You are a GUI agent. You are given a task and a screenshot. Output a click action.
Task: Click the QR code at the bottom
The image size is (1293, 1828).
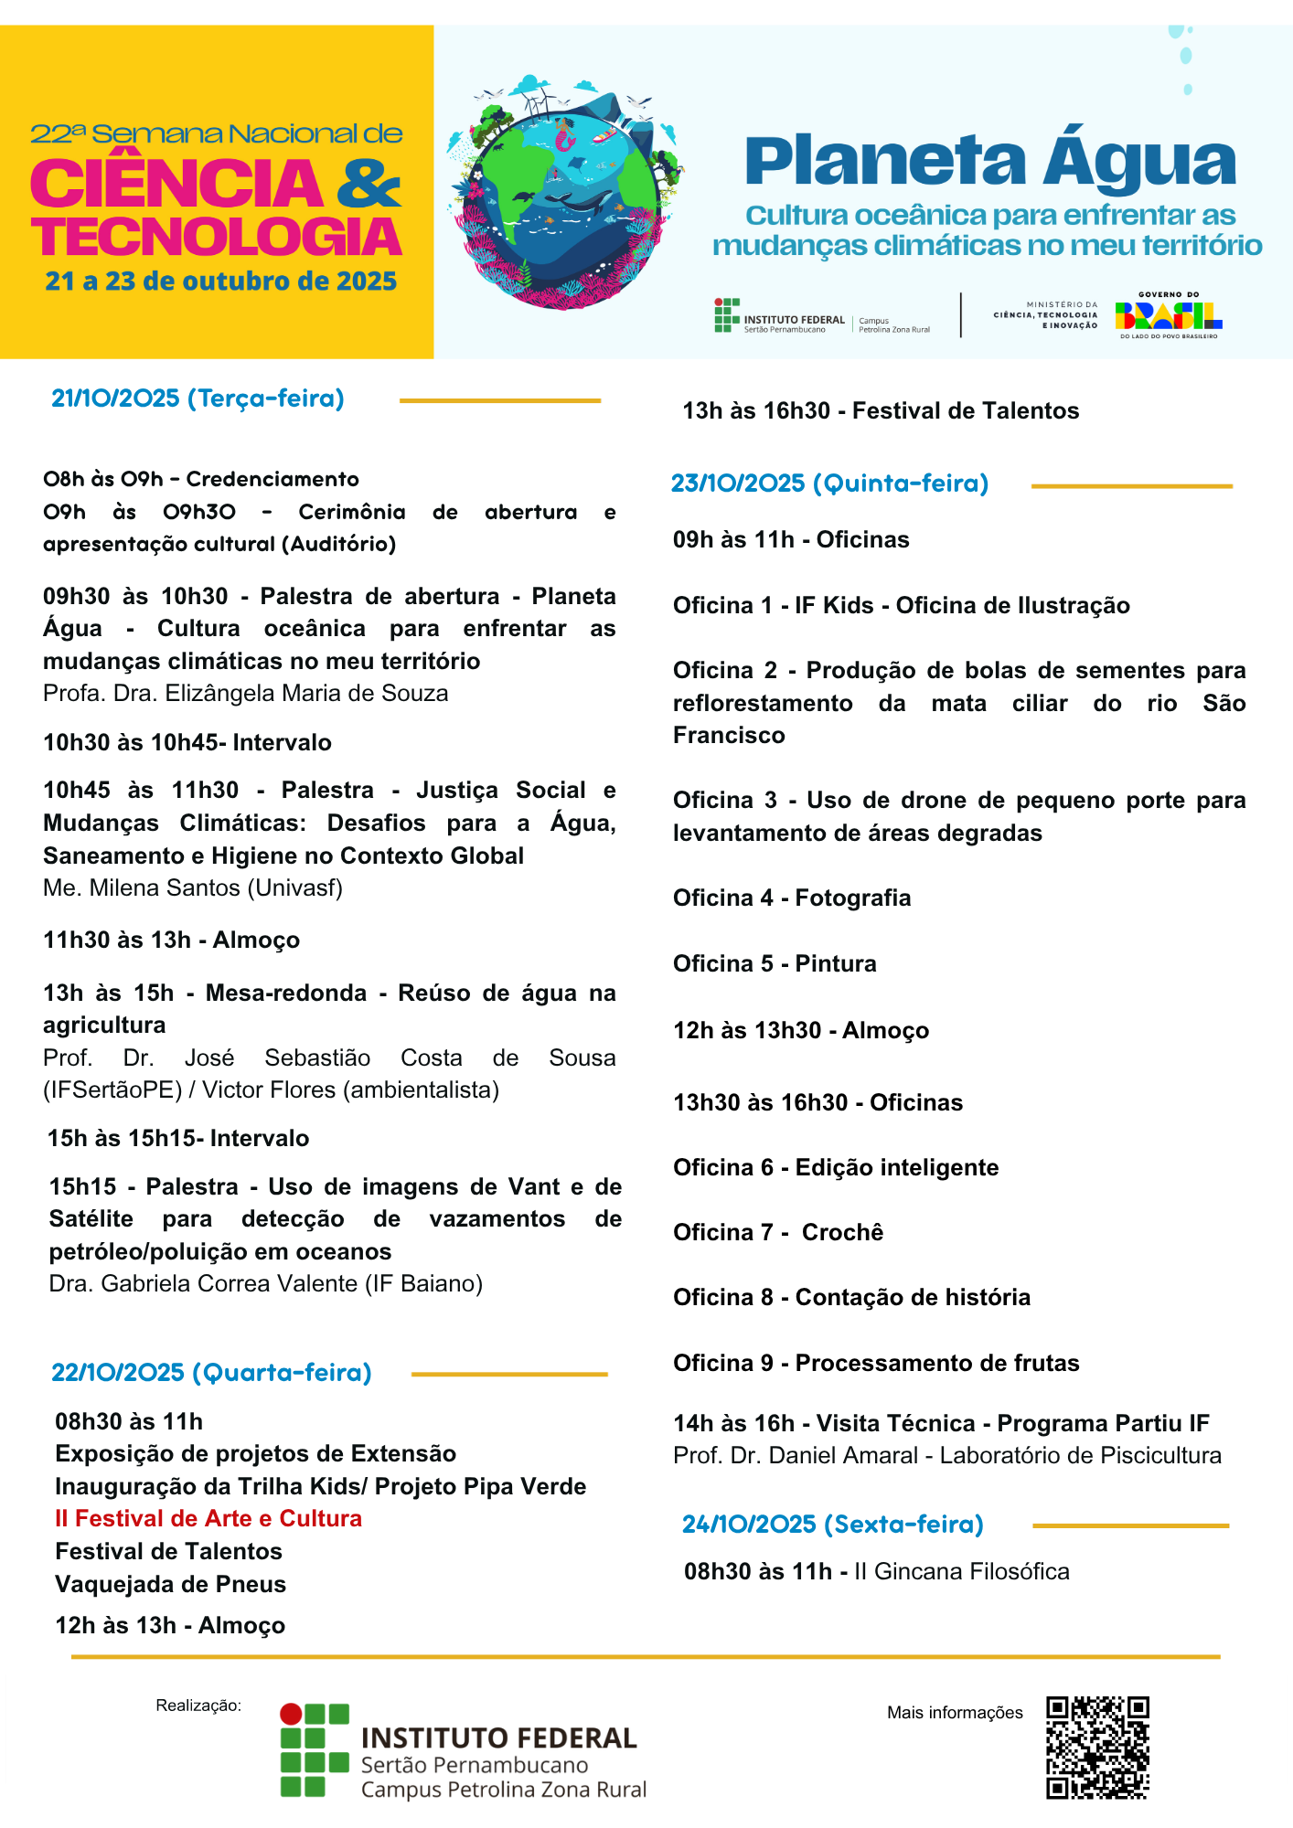[x=1097, y=1748]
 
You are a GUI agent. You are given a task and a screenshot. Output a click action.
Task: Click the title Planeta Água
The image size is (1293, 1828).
[x=990, y=162]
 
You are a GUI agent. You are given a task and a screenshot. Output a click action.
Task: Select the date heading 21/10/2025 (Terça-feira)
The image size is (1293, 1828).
[x=198, y=399]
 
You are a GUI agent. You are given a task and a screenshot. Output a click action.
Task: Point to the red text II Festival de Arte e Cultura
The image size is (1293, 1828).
[x=208, y=1518]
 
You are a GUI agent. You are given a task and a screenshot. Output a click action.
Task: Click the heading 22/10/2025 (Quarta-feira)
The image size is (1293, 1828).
[x=211, y=1372]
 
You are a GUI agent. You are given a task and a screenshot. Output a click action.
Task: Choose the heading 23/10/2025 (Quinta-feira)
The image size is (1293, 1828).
[x=829, y=483]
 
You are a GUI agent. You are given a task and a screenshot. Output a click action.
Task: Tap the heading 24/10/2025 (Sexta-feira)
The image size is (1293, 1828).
[x=832, y=1524]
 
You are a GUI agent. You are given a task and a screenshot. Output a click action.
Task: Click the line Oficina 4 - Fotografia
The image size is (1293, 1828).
[x=792, y=898]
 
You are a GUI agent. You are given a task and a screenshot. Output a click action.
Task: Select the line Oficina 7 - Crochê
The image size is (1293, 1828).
[x=778, y=1232]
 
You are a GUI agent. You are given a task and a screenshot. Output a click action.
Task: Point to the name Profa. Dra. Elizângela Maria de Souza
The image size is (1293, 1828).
[x=245, y=693]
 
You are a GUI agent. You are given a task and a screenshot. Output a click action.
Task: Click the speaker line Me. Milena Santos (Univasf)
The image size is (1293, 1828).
[x=193, y=887]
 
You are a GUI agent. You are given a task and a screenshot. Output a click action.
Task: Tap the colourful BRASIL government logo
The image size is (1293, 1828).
[x=1168, y=316]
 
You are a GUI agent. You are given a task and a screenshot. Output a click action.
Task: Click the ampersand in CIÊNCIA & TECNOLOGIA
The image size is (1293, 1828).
[x=369, y=183]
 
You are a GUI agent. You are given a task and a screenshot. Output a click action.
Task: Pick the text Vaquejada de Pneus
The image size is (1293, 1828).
[x=170, y=1584]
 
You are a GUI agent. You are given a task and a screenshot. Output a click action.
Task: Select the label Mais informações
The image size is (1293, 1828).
[x=955, y=1712]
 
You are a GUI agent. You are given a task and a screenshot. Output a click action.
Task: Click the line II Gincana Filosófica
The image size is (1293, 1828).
[x=961, y=1571]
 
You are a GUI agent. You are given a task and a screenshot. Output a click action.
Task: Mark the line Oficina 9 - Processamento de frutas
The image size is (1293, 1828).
[x=876, y=1363]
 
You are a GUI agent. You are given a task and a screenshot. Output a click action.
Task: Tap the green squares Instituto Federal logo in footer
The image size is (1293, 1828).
[x=315, y=1750]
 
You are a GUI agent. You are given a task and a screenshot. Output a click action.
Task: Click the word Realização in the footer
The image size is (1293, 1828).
[x=198, y=1705]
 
